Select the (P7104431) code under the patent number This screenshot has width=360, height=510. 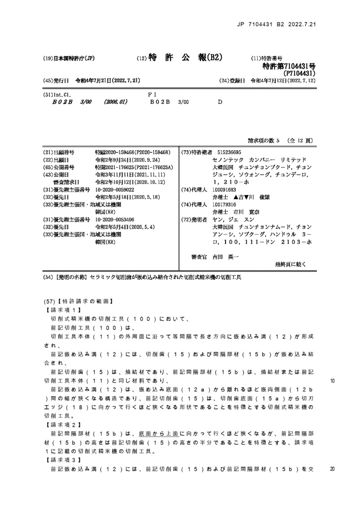[x=298, y=73]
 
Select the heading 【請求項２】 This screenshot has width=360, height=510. [x=62, y=425]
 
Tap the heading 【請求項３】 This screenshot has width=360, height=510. [x=62, y=460]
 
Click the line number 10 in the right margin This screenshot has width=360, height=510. [x=333, y=381]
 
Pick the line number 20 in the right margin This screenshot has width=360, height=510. [x=333, y=469]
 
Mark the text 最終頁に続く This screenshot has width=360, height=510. [x=290, y=265]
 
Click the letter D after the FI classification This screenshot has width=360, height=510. [x=220, y=102]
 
